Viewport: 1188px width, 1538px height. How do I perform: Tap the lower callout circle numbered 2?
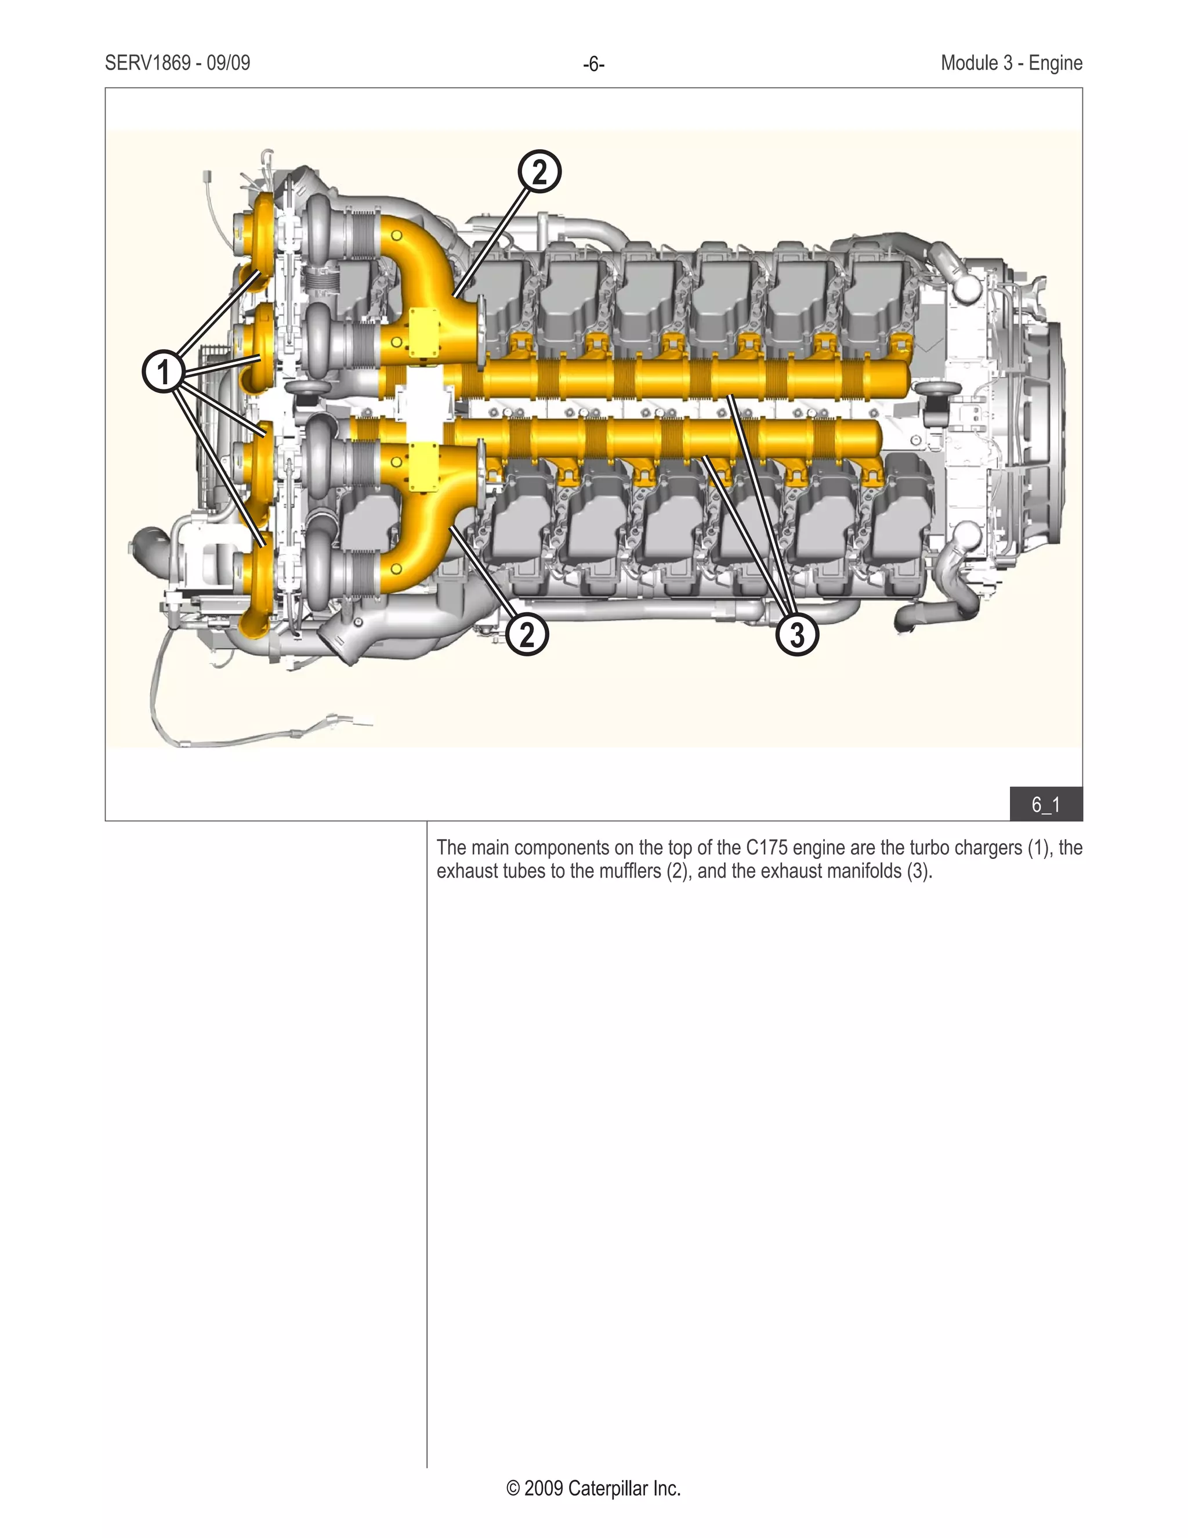tap(527, 634)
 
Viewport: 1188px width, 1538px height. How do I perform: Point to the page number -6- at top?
tap(593, 65)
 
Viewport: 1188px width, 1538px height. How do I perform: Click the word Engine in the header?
tap(1055, 63)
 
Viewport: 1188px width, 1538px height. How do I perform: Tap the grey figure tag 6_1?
tap(1046, 804)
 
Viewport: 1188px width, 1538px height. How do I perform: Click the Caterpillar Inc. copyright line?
tap(593, 1488)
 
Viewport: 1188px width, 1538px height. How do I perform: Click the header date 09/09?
tap(228, 63)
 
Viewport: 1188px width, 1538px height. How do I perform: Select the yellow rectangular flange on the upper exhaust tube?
tap(425, 331)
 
